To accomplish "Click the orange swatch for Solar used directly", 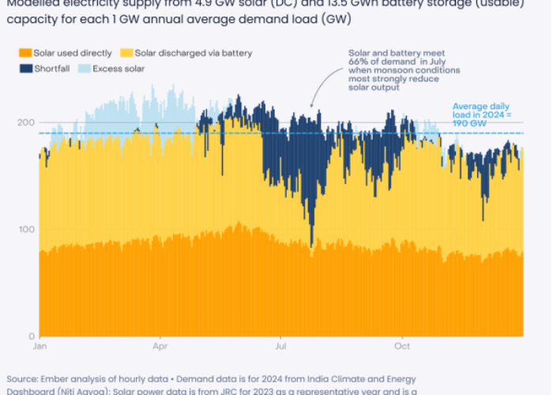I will [25, 53].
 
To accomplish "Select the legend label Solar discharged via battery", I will [194, 53].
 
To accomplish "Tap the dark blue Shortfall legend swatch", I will [25, 69].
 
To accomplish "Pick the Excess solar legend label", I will [118, 69].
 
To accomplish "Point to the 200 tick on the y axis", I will [24, 122].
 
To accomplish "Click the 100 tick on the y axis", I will [24, 229].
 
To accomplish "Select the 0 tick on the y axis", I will [30, 336].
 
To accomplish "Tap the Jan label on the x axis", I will [40, 346].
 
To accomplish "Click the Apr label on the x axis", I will [160, 346].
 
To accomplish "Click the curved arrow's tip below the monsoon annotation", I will [312, 106].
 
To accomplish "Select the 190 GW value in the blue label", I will [470, 124].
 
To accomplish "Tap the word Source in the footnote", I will [23, 379].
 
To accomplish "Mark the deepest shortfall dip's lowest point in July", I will [313, 245].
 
